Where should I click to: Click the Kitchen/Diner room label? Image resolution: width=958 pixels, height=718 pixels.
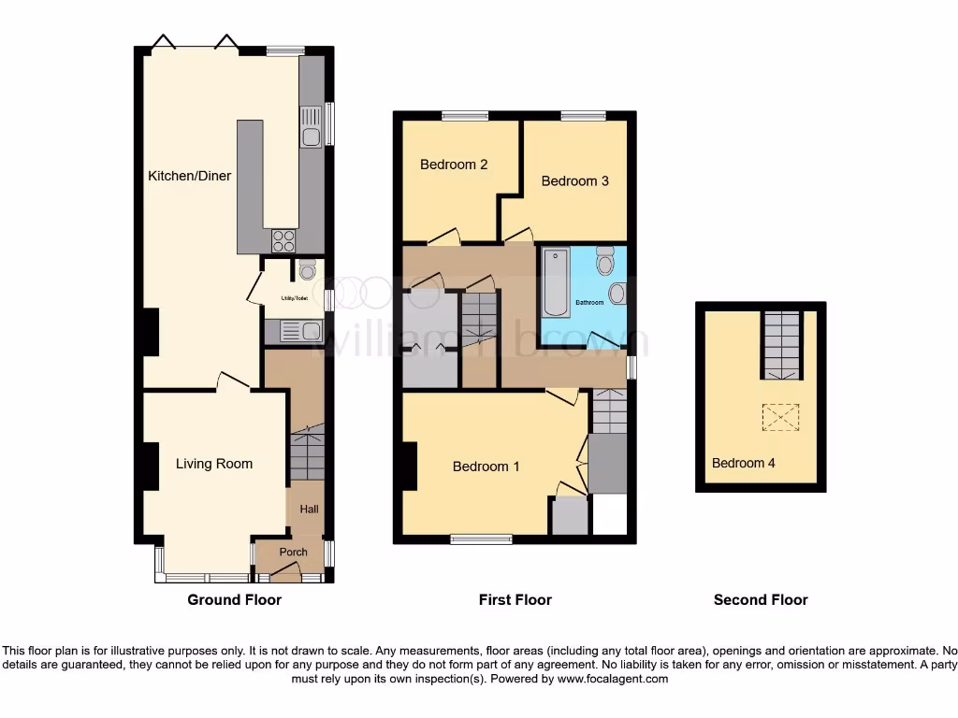coord(189,176)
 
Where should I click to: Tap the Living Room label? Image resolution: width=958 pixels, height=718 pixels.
coord(214,464)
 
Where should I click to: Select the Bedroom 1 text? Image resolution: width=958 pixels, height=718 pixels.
coord(486,467)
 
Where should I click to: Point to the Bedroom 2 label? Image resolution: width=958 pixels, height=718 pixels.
coord(454,165)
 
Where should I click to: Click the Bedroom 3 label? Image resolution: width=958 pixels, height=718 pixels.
coord(574,180)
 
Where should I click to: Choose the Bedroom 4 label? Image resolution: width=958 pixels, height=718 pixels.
coord(743,463)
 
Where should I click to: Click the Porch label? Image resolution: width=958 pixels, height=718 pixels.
coord(293,553)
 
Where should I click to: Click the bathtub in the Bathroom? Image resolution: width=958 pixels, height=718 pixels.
coord(555,281)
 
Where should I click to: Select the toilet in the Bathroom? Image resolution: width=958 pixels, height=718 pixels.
coord(604,259)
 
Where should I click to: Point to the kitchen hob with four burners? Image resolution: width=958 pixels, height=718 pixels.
coord(283,240)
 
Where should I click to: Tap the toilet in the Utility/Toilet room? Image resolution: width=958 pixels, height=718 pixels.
coord(308,271)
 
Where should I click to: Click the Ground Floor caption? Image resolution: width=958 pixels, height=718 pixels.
coord(234,600)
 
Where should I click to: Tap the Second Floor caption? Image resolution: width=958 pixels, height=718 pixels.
coord(760,600)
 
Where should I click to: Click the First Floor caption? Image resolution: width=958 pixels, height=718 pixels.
coord(515,600)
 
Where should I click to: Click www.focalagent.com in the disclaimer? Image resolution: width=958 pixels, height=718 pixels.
coord(612,679)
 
